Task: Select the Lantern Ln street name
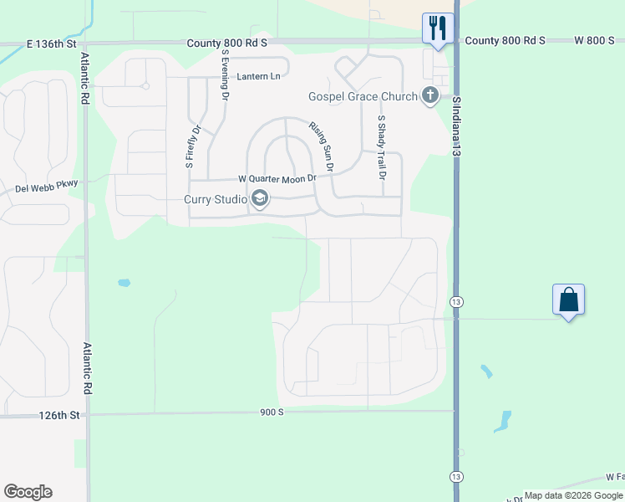257,76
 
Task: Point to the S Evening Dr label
225,75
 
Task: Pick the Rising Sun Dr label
322,146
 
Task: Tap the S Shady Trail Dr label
381,147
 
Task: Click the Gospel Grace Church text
362,97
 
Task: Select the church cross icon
430,95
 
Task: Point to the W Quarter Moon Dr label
277,178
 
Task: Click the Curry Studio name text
216,199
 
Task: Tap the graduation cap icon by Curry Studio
260,198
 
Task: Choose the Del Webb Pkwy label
46,189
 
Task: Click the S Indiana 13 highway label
457,126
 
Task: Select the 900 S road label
272,412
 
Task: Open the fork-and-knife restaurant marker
437,27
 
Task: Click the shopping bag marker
568,300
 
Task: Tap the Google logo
28,492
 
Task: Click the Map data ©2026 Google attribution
573,495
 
